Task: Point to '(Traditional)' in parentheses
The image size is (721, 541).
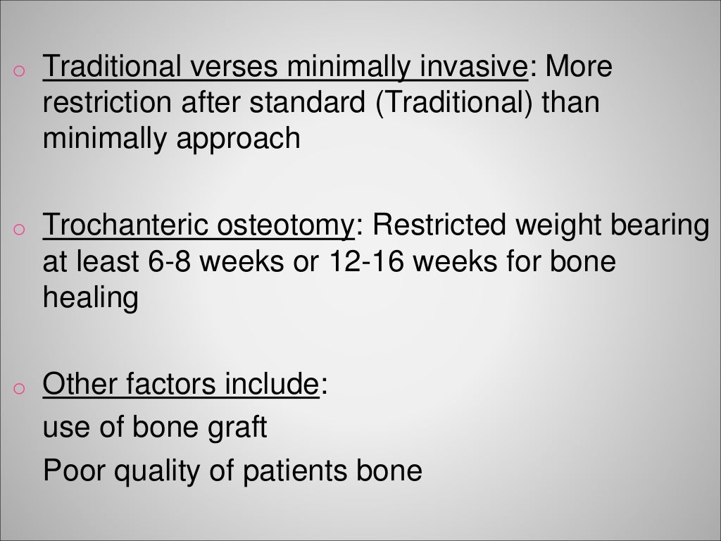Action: tap(454, 103)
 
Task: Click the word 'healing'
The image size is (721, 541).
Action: tap(90, 299)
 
